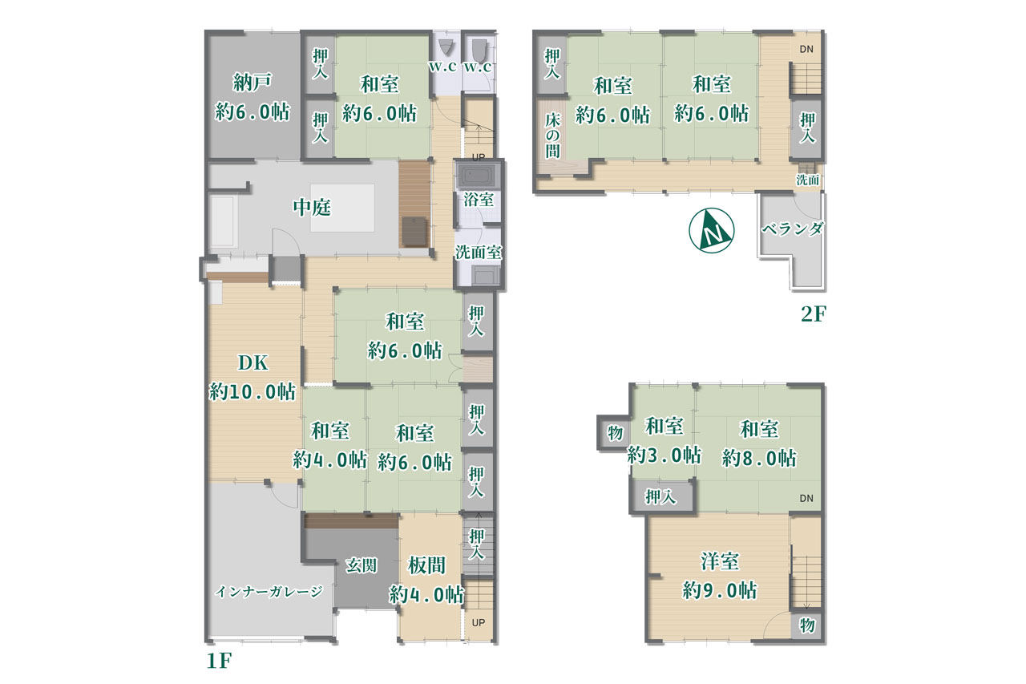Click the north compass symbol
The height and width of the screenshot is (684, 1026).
(x=711, y=230)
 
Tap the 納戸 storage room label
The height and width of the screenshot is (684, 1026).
(x=252, y=83)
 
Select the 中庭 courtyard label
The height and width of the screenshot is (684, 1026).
(x=312, y=208)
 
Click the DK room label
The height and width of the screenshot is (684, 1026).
(x=252, y=362)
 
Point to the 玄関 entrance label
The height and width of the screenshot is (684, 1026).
(x=362, y=565)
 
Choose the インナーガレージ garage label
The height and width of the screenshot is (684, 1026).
(x=269, y=592)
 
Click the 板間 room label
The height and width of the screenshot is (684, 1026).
(x=426, y=565)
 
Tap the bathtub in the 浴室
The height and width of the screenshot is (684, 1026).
(x=478, y=176)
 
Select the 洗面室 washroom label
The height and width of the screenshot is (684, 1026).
(x=479, y=253)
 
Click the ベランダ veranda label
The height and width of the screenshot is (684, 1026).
(x=793, y=229)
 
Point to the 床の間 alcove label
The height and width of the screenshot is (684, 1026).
(x=552, y=136)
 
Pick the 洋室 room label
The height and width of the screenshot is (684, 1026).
(x=720, y=561)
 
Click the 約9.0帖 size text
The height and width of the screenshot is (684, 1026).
(x=720, y=590)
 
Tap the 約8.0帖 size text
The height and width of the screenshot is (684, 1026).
(x=759, y=458)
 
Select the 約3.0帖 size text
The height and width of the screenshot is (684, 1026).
(x=664, y=455)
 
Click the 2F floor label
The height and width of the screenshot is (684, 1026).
(x=813, y=314)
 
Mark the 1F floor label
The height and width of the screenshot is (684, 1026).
(x=219, y=661)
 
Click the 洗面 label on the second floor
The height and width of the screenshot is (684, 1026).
(x=807, y=180)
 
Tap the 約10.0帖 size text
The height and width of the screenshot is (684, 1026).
(x=252, y=391)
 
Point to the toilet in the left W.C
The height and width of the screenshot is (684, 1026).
(x=445, y=48)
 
